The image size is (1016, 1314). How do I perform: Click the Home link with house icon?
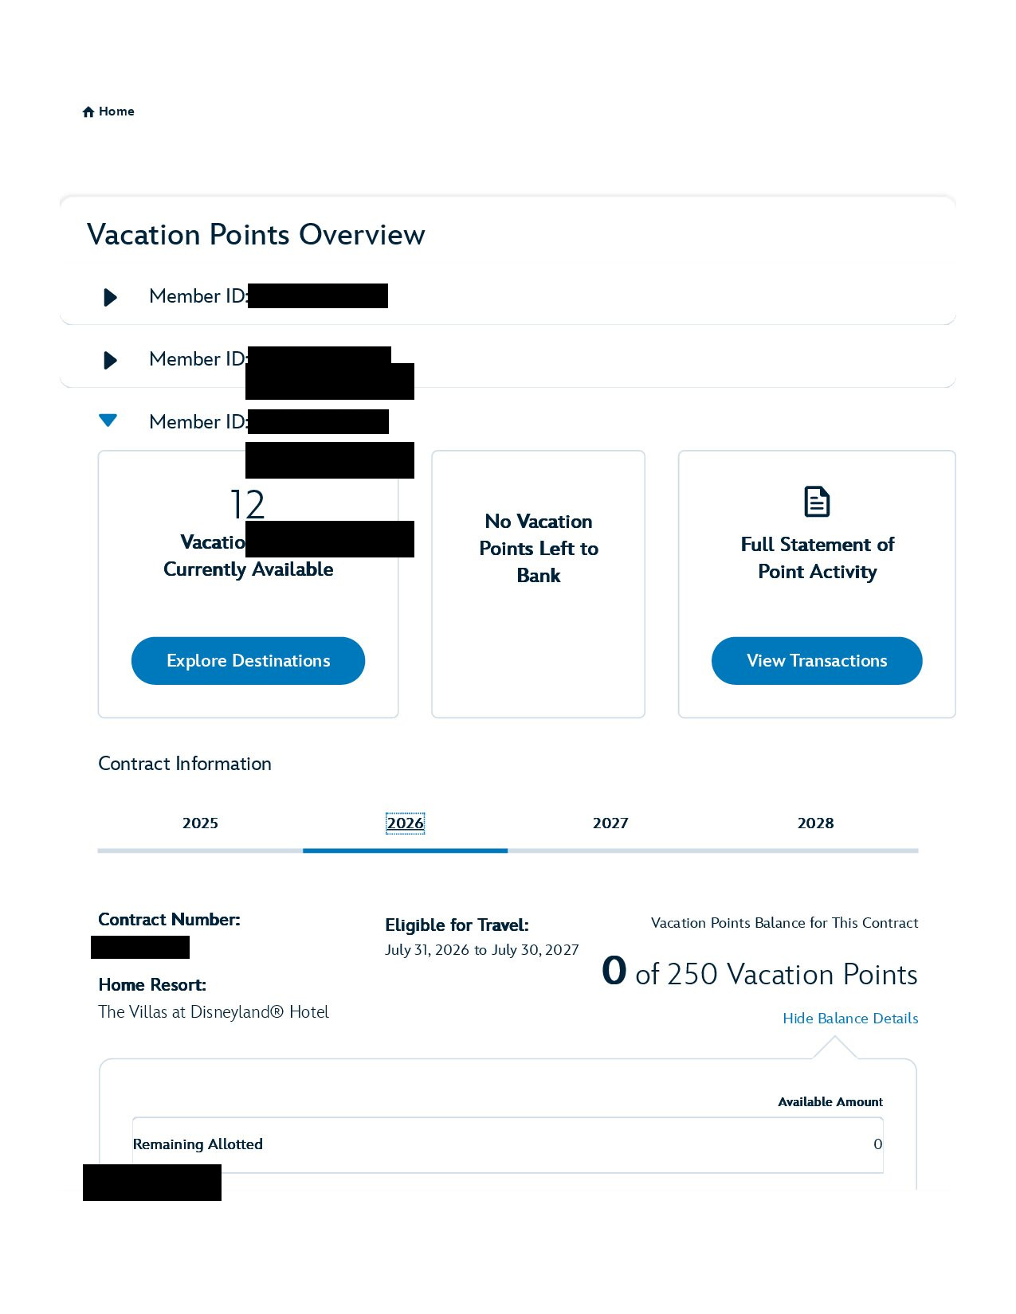[x=108, y=111]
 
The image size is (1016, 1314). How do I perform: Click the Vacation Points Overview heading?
[x=256, y=235]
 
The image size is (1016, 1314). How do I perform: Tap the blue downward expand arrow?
[x=108, y=420]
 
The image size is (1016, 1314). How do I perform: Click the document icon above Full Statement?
[x=817, y=502]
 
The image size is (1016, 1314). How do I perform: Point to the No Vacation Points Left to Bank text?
[x=539, y=549]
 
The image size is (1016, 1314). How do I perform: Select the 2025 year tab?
[x=200, y=823]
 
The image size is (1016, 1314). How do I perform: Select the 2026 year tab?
[x=405, y=823]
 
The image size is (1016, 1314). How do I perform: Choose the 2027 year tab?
[x=610, y=823]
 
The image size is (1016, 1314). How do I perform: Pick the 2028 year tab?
[x=815, y=823]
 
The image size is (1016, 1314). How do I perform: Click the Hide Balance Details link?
[x=850, y=1019]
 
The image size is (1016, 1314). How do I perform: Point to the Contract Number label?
[x=169, y=920]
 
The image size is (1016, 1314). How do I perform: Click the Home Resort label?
[x=152, y=985]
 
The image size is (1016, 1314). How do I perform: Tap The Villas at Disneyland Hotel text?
[x=214, y=1012]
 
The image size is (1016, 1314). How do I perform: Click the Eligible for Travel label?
[x=457, y=925]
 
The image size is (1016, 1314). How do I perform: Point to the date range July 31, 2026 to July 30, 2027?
[x=482, y=950]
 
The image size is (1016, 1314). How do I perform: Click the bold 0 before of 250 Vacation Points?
[x=614, y=972]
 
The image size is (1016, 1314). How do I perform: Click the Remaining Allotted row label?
[x=198, y=1144]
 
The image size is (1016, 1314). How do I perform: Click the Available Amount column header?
[x=830, y=1102]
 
